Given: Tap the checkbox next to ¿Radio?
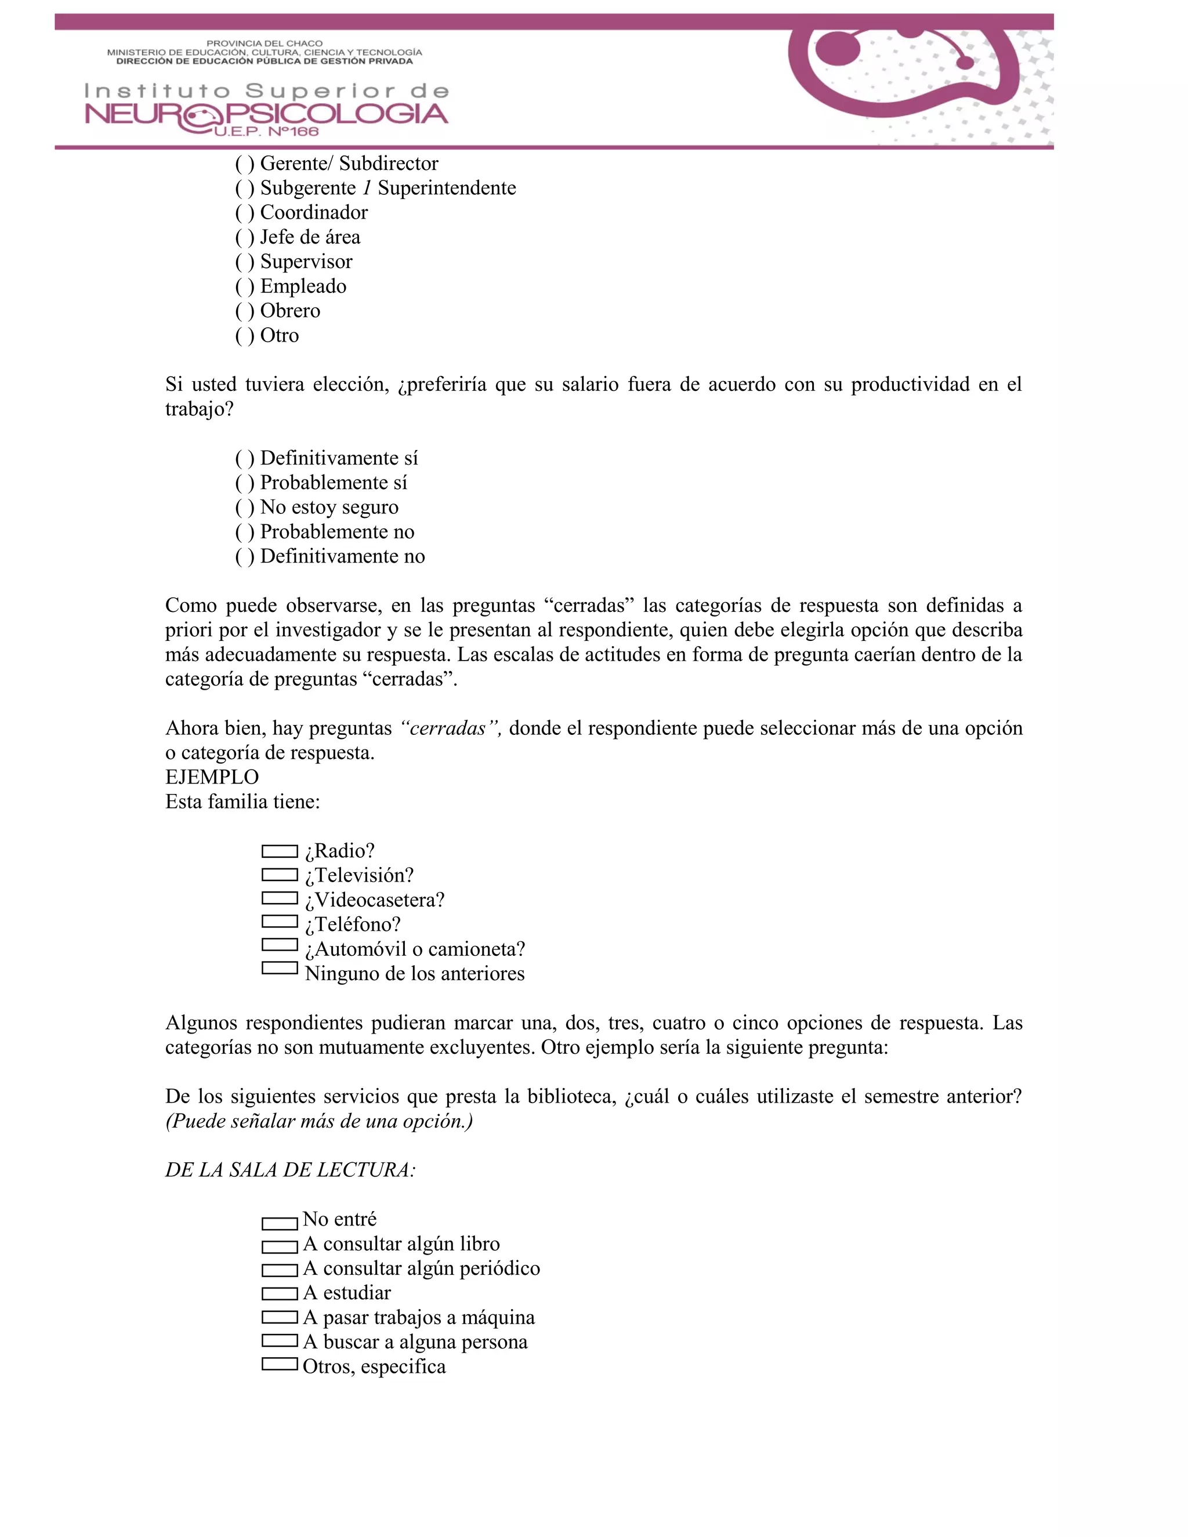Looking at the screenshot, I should [x=280, y=851].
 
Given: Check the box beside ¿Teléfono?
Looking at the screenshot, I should [x=280, y=921].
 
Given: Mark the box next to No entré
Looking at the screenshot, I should [x=280, y=1224].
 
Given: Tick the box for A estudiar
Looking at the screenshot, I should [x=280, y=1293].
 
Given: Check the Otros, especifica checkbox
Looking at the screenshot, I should [x=280, y=1364].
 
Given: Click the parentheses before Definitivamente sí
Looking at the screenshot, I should [x=244, y=459].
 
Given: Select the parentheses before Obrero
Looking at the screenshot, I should [x=244, y=311].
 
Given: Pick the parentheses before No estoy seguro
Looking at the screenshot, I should [x=244, y=507].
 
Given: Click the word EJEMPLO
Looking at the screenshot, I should [x=212, y=777].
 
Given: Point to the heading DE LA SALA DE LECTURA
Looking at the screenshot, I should [x=290, y=1170].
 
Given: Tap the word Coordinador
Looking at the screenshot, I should [x=314, y=212].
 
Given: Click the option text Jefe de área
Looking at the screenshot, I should [x=310, y=237].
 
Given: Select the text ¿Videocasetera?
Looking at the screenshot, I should [x=374, y=900].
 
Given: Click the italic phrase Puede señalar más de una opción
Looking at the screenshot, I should [x=319, y=1121].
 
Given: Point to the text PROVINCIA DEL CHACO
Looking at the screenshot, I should [x=264, y=43].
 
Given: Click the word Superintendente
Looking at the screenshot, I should [x=447, y=188].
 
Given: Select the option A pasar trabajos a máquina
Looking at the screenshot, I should [x=419, y=1317].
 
